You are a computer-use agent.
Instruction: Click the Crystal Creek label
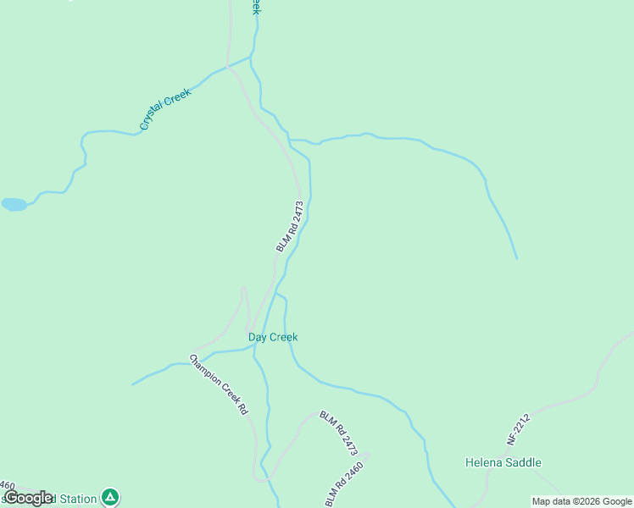(x=166, y=109)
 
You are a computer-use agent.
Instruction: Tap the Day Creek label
(x=273, y=337)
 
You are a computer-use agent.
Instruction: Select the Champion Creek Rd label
(x=219, y=384)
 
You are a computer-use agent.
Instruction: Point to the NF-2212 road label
(x=518, y=429)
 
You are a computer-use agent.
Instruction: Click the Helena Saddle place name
(x=503, y=462)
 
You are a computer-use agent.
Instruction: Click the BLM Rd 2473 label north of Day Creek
(x=289, y=226)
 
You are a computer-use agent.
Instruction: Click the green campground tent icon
(x=109, y=497)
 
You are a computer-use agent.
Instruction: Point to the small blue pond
(x=14, y=204)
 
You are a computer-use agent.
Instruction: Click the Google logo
(x=28, y=498)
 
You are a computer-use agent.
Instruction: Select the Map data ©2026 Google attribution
(x=581, y=501)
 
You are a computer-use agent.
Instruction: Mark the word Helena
(x=484, y=462)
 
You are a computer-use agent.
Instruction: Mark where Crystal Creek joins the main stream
(x=253, y=57)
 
